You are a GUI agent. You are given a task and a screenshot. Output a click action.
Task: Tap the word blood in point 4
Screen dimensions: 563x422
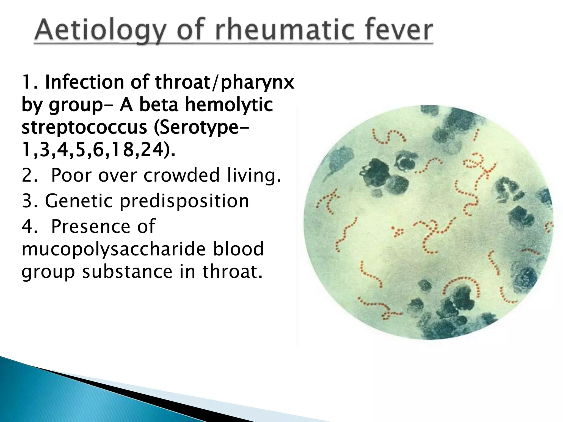[241, 249]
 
